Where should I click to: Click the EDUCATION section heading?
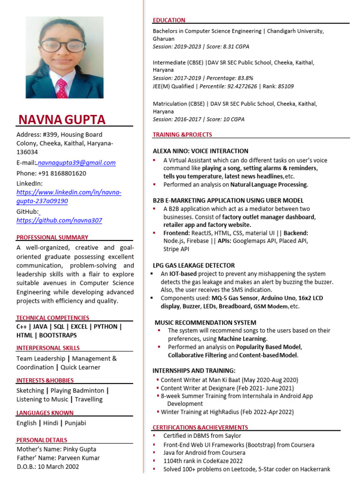click(x=169, y=20)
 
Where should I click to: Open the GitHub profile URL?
click(x=59, y=220)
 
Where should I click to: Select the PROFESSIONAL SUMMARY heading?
click(x=52, y=237)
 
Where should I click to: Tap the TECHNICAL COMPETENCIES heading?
click(x=52, y=318)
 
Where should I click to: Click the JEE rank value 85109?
click(x=285, y=86)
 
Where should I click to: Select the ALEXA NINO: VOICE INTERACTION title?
click(x=201, y=151)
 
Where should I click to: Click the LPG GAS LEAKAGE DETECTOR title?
click(x=194, y=265)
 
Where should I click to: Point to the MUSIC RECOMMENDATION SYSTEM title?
click(x=205, y=322)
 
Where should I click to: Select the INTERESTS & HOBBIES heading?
click(x=45, y=380)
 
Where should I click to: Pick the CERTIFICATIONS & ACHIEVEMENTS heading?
click(x=200, y=427)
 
